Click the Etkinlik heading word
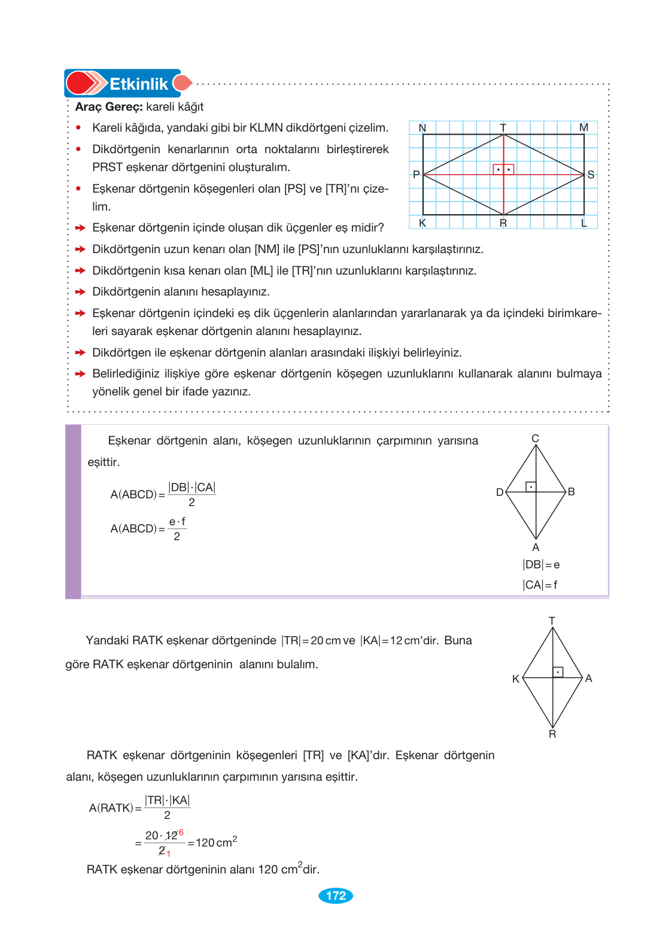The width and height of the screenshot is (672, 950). [x=138, y=84]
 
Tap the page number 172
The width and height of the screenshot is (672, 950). [x=336, y=896]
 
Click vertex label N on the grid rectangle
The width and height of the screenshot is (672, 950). [x=422, y=128]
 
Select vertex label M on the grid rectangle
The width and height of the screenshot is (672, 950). [x=583, y=127]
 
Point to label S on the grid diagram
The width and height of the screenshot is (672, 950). [x=591, y=175]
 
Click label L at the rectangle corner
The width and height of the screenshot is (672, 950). [x=584, y=223]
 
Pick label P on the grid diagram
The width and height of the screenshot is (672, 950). [x=416, y=175]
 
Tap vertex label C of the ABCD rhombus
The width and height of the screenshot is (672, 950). [x=536, y=439]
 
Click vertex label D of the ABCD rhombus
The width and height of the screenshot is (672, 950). [x=500, y=492]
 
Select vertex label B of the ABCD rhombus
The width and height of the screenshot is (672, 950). [x=571, y=492]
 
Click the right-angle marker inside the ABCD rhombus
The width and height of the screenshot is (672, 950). [x=531, y=486]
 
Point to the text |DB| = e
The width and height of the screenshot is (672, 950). [x=541, y=565]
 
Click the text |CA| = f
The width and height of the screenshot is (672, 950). [x=540, y=585]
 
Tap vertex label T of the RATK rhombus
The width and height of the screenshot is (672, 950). [x=552, y=621]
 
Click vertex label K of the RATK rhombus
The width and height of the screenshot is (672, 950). [x=516, y=679]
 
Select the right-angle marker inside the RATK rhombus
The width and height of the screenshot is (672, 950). [x=558, y=672]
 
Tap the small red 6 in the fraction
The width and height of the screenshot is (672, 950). [x=181, y=833]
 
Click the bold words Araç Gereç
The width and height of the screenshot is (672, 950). [x=109, y=106]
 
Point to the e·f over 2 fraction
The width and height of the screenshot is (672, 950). [x=177, y=529]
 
